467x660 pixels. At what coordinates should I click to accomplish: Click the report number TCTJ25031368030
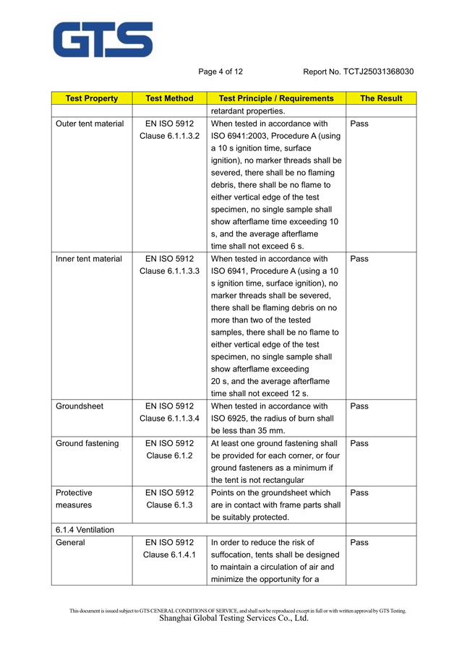pyautogui.click(x=359, y=72)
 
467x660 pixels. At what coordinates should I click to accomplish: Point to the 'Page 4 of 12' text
pyautogui.click(x=220, y=72)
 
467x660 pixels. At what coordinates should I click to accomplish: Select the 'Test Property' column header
pyautogui.click(x=91, y=98)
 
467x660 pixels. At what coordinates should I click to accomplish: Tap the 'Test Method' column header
pyautogui.click(x=169, y=98)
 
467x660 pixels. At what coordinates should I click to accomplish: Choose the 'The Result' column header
pyautogui.click(x=381, y=98)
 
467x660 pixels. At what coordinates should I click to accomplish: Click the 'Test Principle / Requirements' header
pyautogui.click(x=275, y=98)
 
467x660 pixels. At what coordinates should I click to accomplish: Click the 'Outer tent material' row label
pyautogui.click(x=90, y=124)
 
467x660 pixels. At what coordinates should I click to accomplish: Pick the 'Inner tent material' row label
pyautogui.click(x=89, y=258)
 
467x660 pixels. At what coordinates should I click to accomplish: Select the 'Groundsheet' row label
pyautogui.click(x=80, y=406)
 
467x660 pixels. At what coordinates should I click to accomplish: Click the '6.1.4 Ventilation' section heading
pyautogui.click(x=85, y=530)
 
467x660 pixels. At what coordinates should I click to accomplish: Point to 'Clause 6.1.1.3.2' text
pyautogui.click(x=169, y=136)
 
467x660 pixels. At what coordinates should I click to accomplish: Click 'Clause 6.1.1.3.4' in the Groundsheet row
pyautogui.click(x=169, y=419)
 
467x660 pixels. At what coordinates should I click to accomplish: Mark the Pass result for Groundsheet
pyautogui.click(x=359, y=406)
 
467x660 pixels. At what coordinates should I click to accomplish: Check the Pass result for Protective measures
pyautogui.click(x=359, y=493)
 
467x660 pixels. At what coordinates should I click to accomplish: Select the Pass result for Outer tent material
pyautogui.click(x=359, y=124)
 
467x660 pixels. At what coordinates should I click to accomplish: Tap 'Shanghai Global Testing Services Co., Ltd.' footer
pyautogui.click(x=233, y=619)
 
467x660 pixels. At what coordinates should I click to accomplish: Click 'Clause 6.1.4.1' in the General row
pyautogui.click(x=169, y=554)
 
